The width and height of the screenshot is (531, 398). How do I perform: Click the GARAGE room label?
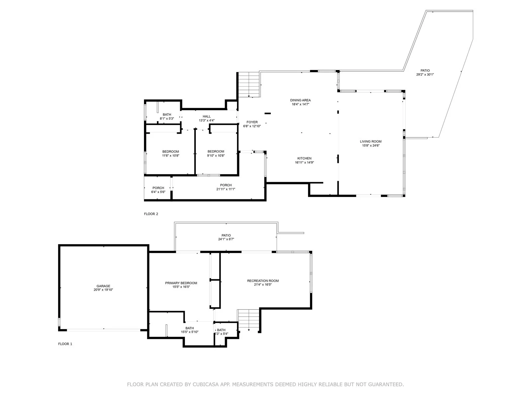(103, 286)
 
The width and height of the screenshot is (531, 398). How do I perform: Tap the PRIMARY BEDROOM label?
(181, 283)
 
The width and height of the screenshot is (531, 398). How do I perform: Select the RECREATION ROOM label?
(263, 281)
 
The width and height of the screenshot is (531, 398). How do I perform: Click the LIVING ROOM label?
(371, 141)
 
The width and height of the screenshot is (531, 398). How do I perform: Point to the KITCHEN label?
(304, 158)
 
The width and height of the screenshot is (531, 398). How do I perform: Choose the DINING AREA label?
(300, 100)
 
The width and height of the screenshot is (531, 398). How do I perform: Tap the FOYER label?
(252, 122)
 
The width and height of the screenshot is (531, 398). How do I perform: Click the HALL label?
(207, 116)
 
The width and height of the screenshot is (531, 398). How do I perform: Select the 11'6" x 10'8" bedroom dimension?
(171, 156)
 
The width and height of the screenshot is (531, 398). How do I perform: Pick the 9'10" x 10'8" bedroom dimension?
(216, 156)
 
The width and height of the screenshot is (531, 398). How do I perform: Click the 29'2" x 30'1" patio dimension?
(425, 75)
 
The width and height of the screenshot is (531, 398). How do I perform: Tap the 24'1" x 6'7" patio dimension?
(226, 239)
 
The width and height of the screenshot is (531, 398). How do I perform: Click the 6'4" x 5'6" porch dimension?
(158, 192)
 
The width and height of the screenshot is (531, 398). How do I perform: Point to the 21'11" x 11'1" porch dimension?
(226, 189)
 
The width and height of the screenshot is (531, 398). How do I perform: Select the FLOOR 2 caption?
(151, 214)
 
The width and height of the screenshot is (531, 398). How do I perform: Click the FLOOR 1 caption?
(65, 344)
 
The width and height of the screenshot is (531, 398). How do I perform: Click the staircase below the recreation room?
(248, 320)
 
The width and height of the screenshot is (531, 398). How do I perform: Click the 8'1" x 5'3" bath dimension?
(167, 118)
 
